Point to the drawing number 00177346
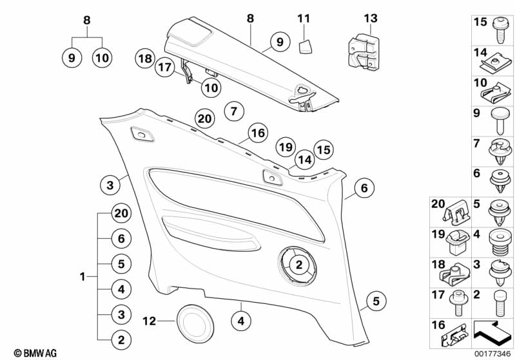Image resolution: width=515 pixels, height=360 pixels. coord(492,352)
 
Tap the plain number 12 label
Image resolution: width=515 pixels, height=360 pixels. coord(149,320)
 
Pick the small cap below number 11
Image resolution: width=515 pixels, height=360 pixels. coord(305,45)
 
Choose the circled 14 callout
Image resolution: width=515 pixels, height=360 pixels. coord(304,160)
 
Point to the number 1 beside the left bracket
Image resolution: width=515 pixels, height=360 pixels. coord(83,277)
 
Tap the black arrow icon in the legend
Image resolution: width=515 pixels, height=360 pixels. coord(493,335)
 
